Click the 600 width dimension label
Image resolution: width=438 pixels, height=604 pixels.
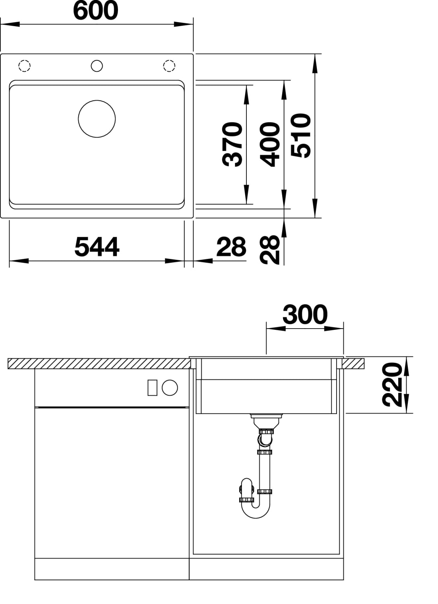[x=95, y=11]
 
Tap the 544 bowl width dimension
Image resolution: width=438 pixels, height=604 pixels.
[x=97, y=246]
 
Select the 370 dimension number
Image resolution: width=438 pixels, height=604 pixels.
[x=232, y=144]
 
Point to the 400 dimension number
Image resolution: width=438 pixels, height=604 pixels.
[x=270, y=144]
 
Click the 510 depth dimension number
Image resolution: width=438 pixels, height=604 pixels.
[x=301, y=135]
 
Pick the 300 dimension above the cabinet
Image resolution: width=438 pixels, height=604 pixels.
[x=305, y=314]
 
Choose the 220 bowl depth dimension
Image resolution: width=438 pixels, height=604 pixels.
[x=392, y=385]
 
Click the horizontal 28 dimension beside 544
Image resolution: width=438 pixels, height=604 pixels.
[x=231, y=246]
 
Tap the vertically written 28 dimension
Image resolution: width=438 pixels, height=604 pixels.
[x=270, y=250]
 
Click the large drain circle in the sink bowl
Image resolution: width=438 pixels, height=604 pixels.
[x=97, y=100]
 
